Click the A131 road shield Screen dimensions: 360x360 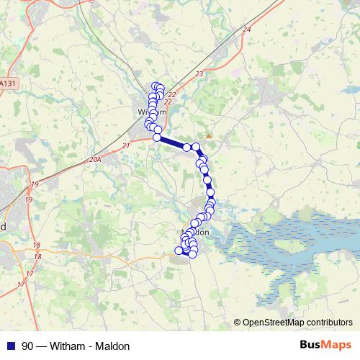pos(7,84)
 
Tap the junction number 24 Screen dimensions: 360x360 pos(247,30)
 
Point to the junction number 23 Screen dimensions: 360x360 pos(199,74)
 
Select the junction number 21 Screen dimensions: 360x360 pos(125,146)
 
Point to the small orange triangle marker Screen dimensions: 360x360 pos(209,135)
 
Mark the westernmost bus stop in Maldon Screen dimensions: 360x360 pos(179,251)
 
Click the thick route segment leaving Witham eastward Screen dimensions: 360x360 pos(173,143)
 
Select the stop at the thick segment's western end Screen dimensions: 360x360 pos(156,137)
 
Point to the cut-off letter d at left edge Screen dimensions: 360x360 pos(3,226)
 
